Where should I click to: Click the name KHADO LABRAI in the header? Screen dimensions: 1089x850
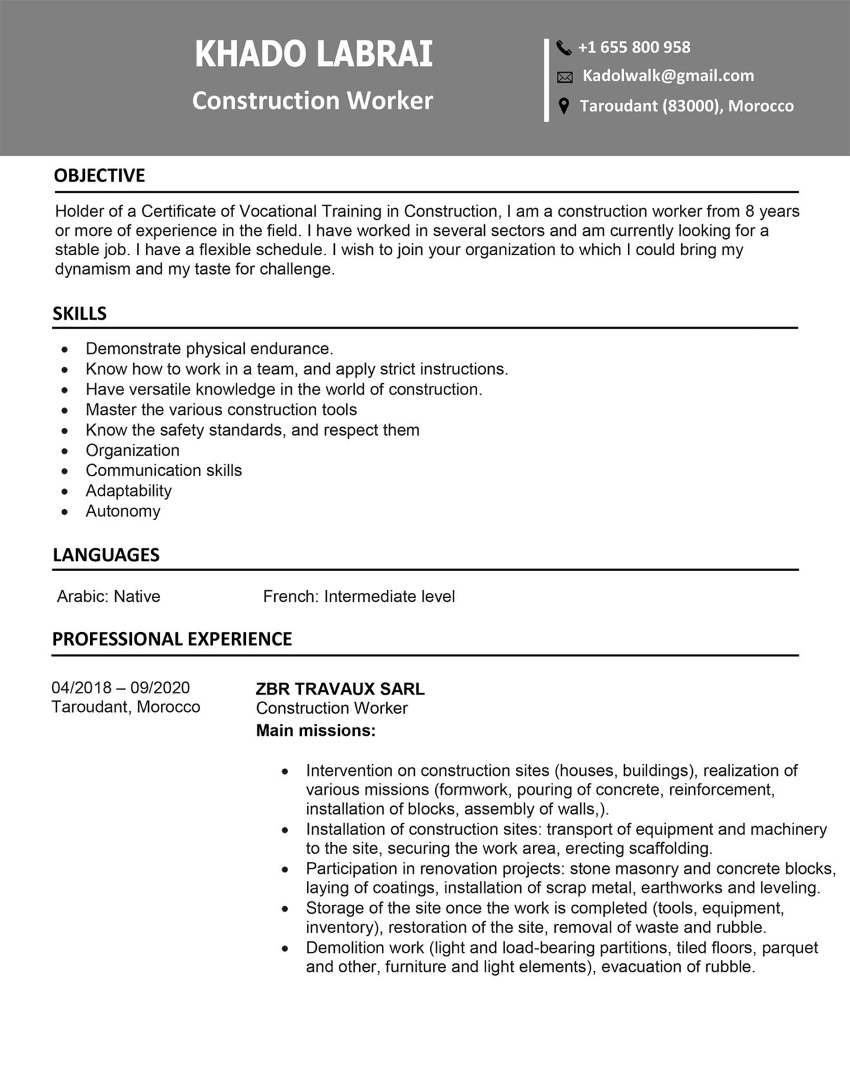[x=314, y=54]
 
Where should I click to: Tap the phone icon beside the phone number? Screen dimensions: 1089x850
[x=563, y=48]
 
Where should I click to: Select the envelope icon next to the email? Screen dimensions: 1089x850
[x=564, y=77]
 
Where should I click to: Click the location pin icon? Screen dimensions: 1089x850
[x=563, y=106]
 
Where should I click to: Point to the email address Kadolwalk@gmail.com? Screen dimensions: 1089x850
[x=668, y=76]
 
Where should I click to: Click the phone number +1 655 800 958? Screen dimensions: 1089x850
[x=634, y=48]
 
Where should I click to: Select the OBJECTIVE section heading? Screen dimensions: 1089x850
[x=99, y=176]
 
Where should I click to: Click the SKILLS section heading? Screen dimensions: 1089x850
[x=79, y=314]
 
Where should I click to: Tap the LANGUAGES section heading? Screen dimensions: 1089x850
[x=106, y=555]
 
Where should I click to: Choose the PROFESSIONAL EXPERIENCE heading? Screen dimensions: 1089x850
[x=172, y=639]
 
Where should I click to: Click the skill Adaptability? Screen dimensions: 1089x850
[x=128, y=491]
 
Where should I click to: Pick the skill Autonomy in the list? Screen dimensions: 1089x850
[x=122, y=512]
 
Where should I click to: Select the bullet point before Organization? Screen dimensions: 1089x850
[x=64, y=451]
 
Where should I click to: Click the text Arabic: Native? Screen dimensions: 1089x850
[x=108, y=597]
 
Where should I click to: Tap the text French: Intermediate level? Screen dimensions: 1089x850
[x=359, y=597]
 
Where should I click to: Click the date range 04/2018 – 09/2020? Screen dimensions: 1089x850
[x=120, y=688]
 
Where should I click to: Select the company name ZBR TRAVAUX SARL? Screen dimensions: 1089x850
[x=340, y=689]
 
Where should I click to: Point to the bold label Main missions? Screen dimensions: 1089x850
[x=316, y=731]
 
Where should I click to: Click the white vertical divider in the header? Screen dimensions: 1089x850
[x=547, y=80]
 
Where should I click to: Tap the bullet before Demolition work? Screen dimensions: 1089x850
[x=285, y=949]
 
